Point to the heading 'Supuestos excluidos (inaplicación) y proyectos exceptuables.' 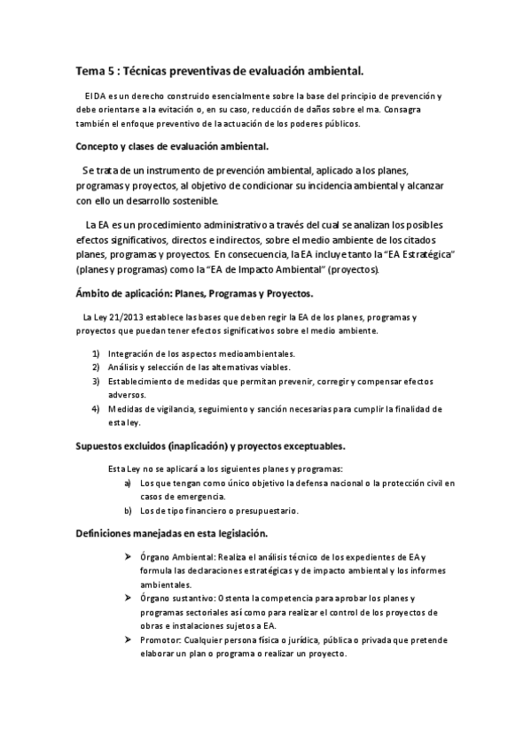[x=210, y=445]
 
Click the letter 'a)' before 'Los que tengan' [x=129, y=483]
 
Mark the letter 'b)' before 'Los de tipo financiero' [x=129, y=510]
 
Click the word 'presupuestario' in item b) [x=269, y=510]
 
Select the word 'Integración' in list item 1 [x=135, y=353]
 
